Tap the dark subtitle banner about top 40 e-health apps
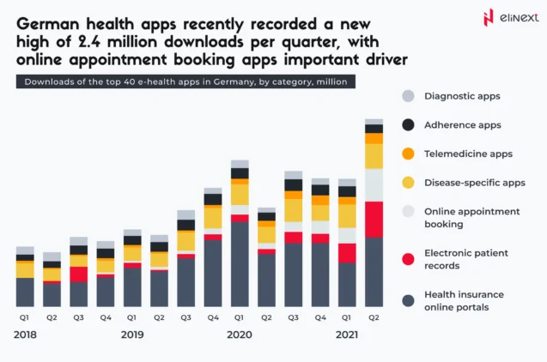(x=184, y=81)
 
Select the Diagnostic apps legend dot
(x=408, y=96)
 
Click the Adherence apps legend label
(x=462, y=125)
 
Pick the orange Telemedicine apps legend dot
(x=408, y=154)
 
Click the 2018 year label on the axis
(x=26, y=334)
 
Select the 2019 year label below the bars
(x=132, y=334)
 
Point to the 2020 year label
(x=239, y=334)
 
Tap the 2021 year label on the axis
(x=346, y=334)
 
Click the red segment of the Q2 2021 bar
(x=374, y=219)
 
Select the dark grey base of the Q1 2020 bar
(x=240, y=264)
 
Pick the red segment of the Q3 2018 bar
(x=79, y=275)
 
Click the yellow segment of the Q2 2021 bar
(x=374, y=156)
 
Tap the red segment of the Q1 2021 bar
(x=347, y=253)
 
